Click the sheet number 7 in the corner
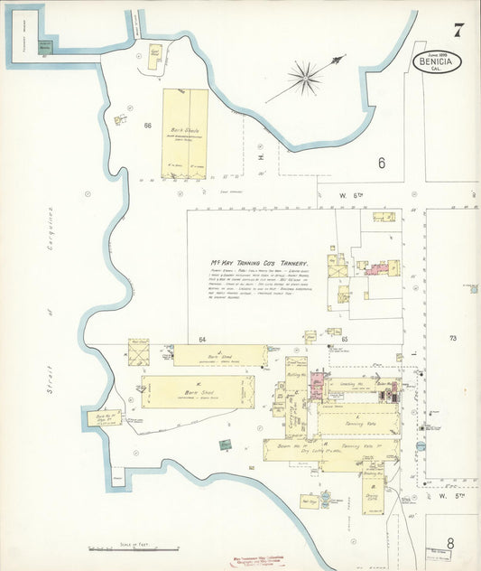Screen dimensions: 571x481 pyautogui.click(x=458, y=30)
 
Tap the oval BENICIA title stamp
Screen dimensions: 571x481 pyautogui.click(x=438, y=62)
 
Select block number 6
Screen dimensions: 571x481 pyautogui.click(x=382, y=163)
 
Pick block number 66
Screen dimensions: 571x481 pyautogui.click(x=146, y=125)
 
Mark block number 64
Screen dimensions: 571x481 pyautogui.click(x=203, y=340)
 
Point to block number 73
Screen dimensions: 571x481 pyautogui.click(x=453, y=338)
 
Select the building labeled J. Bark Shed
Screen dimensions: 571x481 pyautogui.click(x=219, y=355)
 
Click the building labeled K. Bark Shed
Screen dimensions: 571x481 pyautogui.click(x=197, y=392)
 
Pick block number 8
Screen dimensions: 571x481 pyautogui.click(x=449, y=542)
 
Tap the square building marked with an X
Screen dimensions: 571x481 pyautogui.click(x=138, y=352)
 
